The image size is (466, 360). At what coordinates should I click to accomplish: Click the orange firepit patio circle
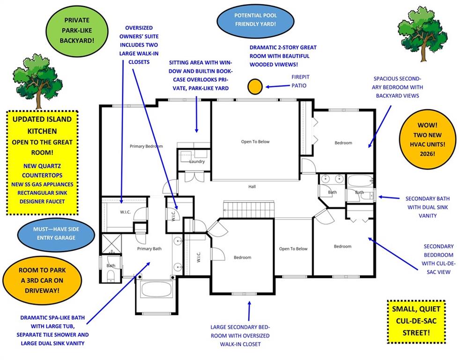tap(255, 86)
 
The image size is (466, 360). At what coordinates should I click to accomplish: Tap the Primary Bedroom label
tap(146, 146)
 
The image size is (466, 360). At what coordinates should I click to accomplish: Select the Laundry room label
tap(197, 162)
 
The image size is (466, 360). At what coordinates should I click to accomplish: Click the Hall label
tap(252, 187)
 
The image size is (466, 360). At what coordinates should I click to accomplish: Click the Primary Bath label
tap(149, 248)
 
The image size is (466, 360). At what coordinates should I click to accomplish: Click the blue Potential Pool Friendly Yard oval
tap(255, 19)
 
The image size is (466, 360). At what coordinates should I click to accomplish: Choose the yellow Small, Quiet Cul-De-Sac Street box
tap(416, 321)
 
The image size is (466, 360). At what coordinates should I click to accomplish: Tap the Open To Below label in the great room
tap(255, 142)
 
